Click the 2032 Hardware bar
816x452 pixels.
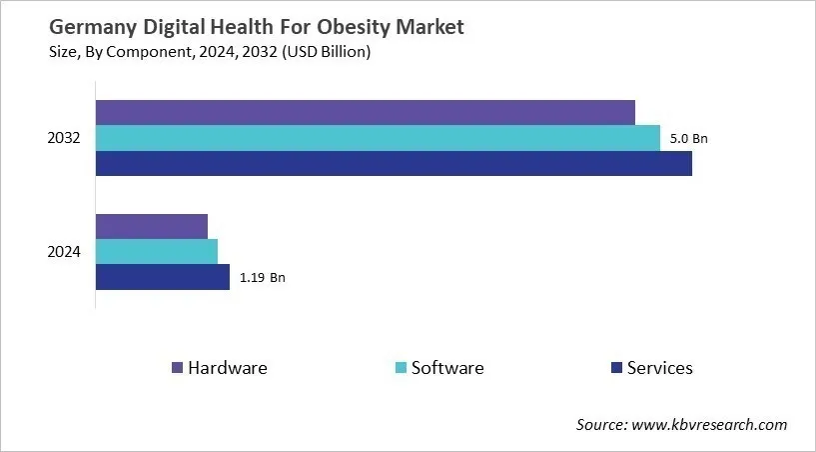tap(365, 112)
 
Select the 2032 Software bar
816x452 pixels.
tap(378, 138)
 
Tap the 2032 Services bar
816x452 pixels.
tap(394, 163)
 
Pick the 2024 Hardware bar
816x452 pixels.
tap(151, 226)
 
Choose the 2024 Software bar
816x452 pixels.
tap(156, 251)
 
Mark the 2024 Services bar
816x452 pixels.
tap(162, 277)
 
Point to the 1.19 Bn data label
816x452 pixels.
tap(261, 278)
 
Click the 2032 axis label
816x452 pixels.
tap(64, 138)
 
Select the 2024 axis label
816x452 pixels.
tap(64, 252)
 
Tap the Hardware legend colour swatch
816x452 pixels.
tap(178, 368)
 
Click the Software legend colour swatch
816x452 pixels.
tap(401, 368)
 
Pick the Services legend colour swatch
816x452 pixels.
tap(615, 368)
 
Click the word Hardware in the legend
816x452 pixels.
tap(228, 368)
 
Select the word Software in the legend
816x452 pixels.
tap(447, 368)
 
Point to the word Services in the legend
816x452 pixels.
tap(659, 368)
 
